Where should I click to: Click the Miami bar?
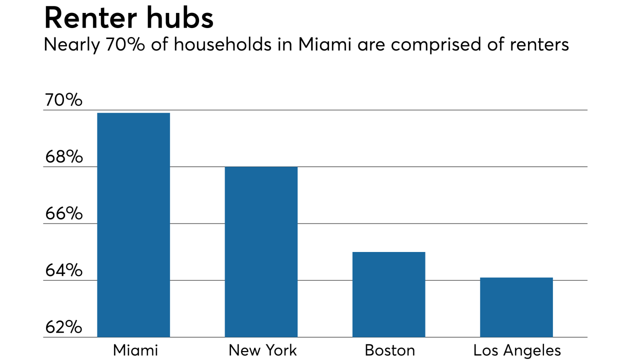[133, 225]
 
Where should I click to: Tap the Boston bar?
[388, 294]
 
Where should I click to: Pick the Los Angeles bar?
[516, 307]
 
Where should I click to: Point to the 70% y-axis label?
[63, 100]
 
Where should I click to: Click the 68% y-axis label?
[63, 157]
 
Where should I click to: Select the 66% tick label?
[63, 214]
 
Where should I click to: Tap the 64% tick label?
[63, 270]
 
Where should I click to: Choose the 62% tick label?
[63, 327]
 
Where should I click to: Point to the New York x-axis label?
[262, 350]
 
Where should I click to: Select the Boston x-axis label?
[389, 350]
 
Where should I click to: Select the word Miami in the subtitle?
[324, 44]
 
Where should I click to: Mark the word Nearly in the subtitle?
[70, 45]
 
